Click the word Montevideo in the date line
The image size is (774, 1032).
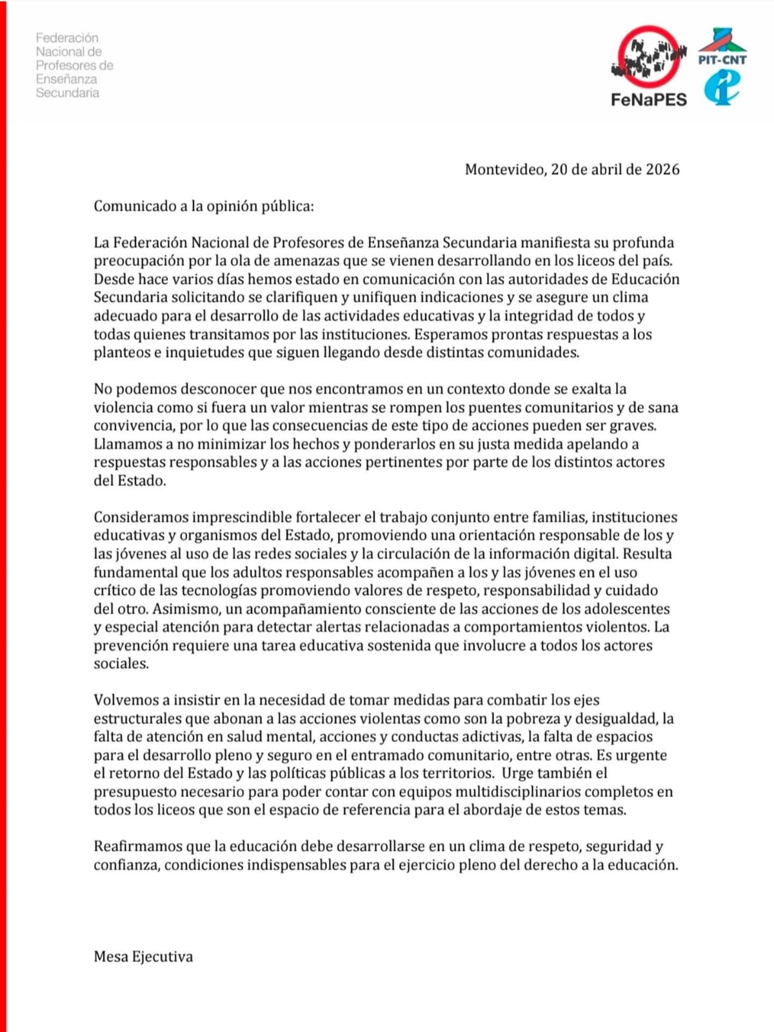point(505,170)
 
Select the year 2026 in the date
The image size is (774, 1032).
point(662,170)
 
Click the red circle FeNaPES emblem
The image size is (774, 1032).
point(648,57)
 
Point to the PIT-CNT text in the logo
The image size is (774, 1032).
point(722,60)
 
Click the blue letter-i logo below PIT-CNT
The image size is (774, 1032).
point(722,88)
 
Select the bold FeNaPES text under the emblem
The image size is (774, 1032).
point(649,100)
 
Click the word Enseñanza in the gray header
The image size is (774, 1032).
point(66,79)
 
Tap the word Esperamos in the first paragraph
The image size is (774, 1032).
point(445,335)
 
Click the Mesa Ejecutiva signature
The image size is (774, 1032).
point(143,957)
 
